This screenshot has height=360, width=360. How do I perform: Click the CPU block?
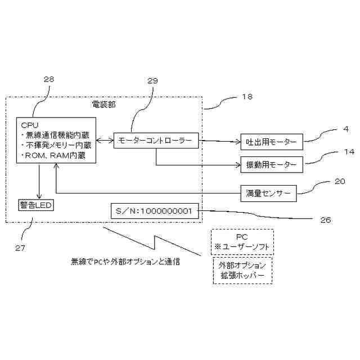(56, 139)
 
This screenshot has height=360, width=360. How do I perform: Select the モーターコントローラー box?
(156, 139)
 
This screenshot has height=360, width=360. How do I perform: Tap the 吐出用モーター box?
(271, 141)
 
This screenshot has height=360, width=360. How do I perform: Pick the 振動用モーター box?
(271, 165)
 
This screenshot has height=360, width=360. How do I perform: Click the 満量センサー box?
(268, 193)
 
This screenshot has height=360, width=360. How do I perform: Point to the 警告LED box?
(36, 205)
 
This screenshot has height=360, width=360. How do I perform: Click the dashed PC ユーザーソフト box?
(242, 241)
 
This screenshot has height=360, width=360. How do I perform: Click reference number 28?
(49, 79)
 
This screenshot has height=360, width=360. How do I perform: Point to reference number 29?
(153, 81)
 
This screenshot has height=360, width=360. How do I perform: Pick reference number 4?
(346, 129)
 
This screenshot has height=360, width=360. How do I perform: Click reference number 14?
(349, 152)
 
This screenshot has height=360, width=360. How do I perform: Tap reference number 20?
(340, 181)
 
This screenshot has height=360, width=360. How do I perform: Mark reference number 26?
(325, 219)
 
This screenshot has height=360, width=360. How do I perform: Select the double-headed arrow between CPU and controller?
(105, 139)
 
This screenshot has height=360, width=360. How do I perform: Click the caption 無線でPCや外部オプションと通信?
(125, 262)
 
